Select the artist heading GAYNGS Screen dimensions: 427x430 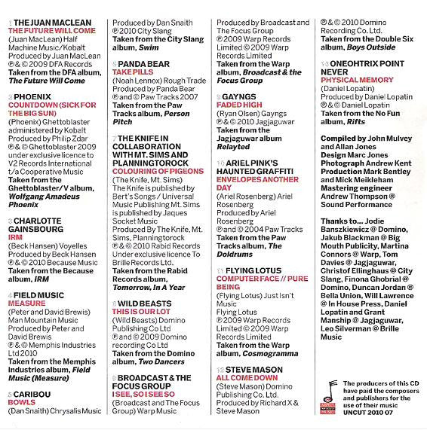pos(241,96)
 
